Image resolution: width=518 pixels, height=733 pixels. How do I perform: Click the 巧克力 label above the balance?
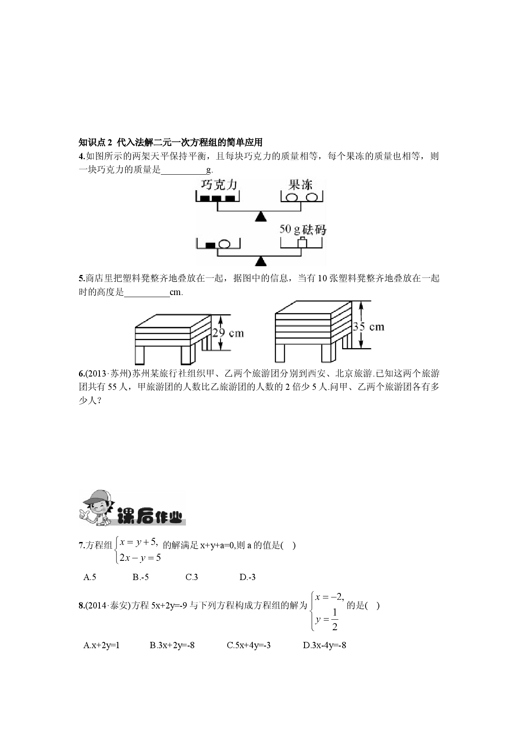(219, 185)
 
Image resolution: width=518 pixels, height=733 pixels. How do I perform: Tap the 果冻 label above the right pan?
(300, 185)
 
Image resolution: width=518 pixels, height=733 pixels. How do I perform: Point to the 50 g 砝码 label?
(303, 229)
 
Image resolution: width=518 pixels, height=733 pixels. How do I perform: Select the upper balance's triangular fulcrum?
(261, 216)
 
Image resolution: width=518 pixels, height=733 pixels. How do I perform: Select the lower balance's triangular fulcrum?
(261, 261)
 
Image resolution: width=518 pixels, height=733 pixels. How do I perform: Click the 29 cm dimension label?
(228, 333)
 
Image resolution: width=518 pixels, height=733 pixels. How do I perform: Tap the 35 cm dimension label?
(368, 326)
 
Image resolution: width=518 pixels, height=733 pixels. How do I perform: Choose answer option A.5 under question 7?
(90, 577)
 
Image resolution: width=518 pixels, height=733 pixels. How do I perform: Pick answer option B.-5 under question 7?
(141, 577)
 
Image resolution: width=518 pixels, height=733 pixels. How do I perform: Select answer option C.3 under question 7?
(192, 577)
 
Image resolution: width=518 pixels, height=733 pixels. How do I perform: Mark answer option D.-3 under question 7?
(248, 577)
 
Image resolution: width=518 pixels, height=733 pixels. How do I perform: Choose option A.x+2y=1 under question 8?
(102, 645)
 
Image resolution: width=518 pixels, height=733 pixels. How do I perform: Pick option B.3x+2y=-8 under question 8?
(172, 645)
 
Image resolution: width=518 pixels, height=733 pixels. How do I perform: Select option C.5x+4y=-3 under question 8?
(249, 645)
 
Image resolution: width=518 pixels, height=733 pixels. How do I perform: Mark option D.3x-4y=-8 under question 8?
(325, 645)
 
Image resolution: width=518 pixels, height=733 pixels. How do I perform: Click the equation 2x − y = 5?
(140, 557)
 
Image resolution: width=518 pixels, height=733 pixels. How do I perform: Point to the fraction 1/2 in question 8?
(335, 620)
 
